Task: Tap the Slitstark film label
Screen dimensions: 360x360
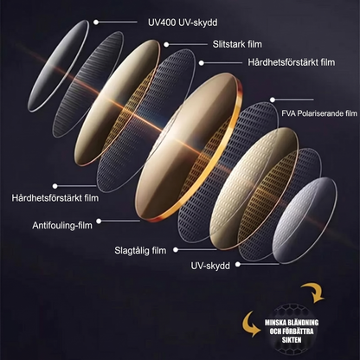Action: tap(237, 44)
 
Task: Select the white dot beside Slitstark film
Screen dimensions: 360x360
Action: tap(166, 44)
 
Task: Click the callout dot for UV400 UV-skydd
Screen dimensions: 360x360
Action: tap(96, 22)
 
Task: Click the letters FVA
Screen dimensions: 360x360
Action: tap(288, 113)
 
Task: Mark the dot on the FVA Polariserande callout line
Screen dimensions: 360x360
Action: tap(273, 100)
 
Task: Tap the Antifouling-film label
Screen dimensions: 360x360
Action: tap(62, 225)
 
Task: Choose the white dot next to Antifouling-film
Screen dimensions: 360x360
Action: tap(99, 222)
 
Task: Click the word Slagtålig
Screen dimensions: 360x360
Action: tap(132, 250)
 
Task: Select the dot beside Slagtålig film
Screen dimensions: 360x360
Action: tap(176, 250)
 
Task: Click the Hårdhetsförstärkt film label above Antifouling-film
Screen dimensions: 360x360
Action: tap(55, 198)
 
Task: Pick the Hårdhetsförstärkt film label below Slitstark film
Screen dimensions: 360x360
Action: tap(292, 62)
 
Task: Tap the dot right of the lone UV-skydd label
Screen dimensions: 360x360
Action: tap(238, 264)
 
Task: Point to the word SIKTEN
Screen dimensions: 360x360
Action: tap(292, 340)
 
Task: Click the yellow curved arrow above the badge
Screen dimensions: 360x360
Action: tap(315, 292)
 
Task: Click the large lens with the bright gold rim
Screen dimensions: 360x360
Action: tap(189, 147)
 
